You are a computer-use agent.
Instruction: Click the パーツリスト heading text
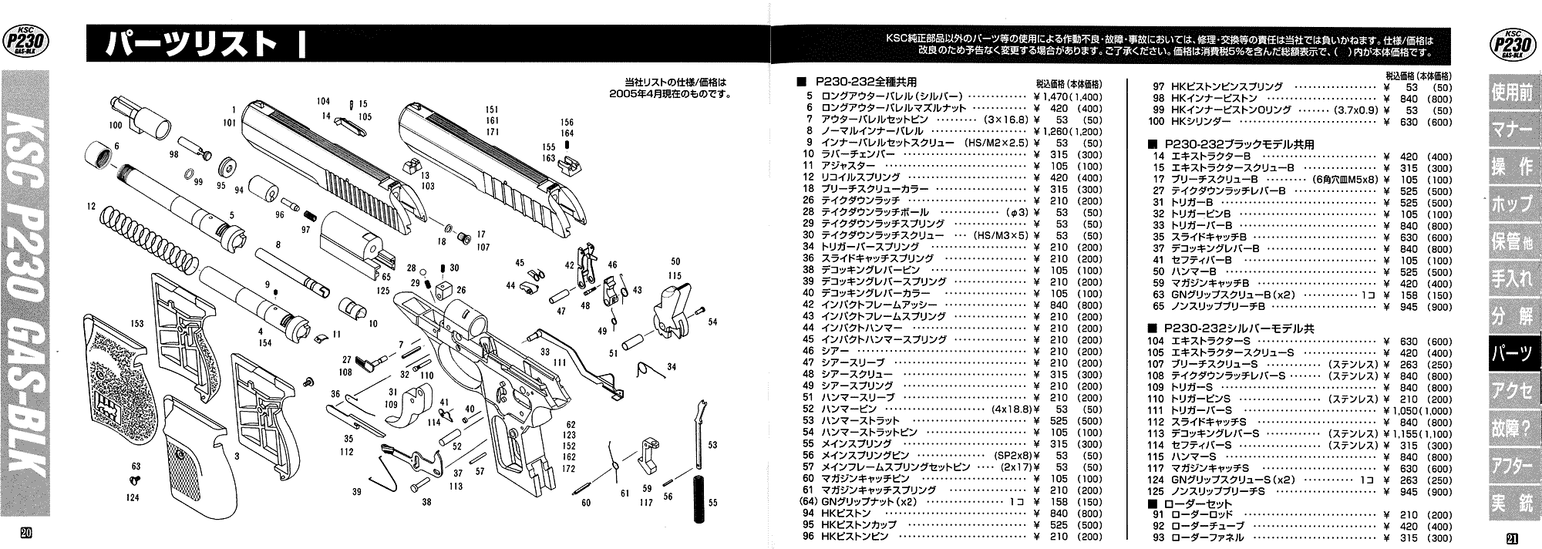pos(193,44)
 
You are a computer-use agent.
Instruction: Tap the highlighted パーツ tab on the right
pos(1513,353)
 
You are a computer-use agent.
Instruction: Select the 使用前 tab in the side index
pos(1513,93)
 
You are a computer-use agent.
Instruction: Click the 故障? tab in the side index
pos(1513,428)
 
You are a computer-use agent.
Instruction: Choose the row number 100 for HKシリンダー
pos(1156,122)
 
